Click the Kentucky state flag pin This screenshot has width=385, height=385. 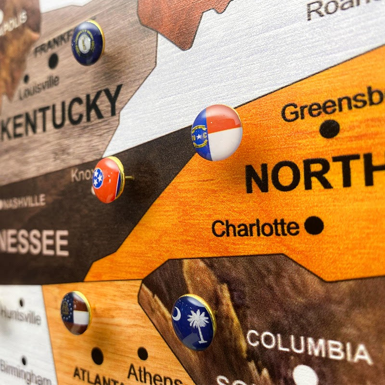(x=87, y=42)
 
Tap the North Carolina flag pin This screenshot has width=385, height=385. (x=217, y=132)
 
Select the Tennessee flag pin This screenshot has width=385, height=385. (x=108, y=179)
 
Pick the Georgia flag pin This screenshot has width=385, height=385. (x=75, y=312)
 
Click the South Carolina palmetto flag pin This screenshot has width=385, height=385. (x=193, y=321)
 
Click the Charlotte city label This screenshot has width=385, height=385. (x=255, y=228)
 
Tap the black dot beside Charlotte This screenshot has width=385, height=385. (x=314, y=225)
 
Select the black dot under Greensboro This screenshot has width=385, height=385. (x=329, y=129)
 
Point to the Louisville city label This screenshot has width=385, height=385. (x=39, y=88)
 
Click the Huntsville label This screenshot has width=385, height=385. (x=20, y=315)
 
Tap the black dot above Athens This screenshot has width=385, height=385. (x=142, y=354)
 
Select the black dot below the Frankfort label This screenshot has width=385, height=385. (x=53, y=61)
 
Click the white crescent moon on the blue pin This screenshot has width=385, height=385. (x=177, y=313)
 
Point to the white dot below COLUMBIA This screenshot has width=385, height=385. (x=305, y=375)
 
